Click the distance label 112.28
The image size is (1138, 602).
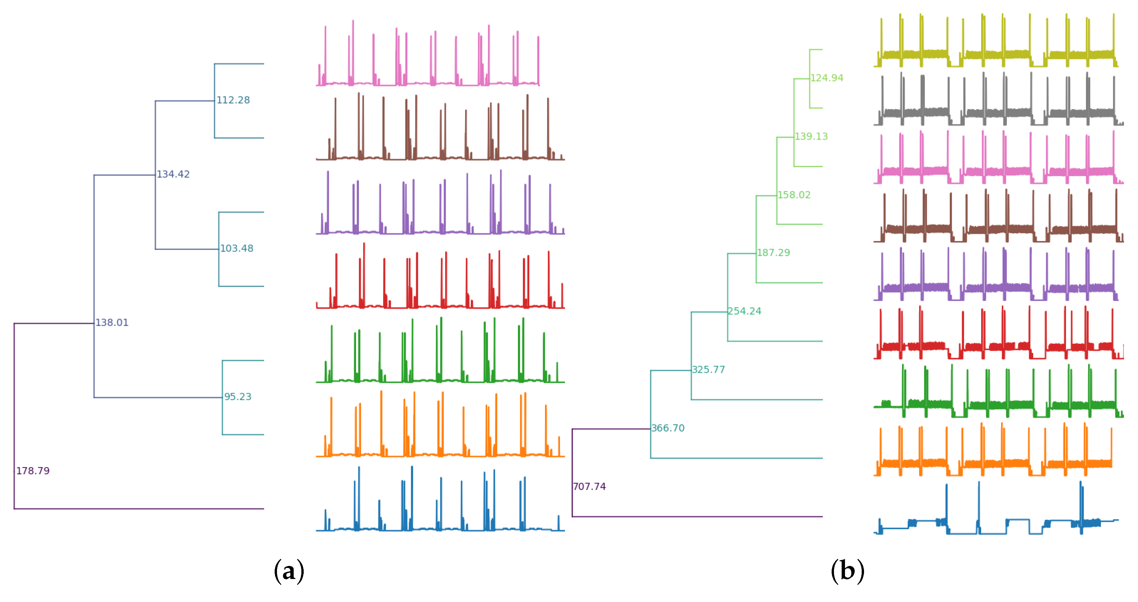click(x=233, y=100)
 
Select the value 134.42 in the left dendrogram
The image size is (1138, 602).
click(x=173, y=175)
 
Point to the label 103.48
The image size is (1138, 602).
click(x=237, y=249)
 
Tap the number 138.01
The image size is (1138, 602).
click(x=112, y=323)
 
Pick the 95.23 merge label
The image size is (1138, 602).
click(x=238, y=397)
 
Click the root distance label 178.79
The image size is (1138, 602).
click(x=33, y=471)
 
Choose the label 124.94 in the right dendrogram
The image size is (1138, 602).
click(x=827, y=78)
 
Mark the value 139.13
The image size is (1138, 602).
click(x=811, y=137)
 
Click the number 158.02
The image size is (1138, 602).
click(x=794, y=195)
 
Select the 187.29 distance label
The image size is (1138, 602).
click(x=773, y=253)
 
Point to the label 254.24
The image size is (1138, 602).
click(x=745, y=311)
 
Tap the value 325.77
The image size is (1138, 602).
click(x=708, y=370)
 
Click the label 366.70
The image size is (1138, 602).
click(x=667, y=428)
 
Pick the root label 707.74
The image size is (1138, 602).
click(x=589, y=487)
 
